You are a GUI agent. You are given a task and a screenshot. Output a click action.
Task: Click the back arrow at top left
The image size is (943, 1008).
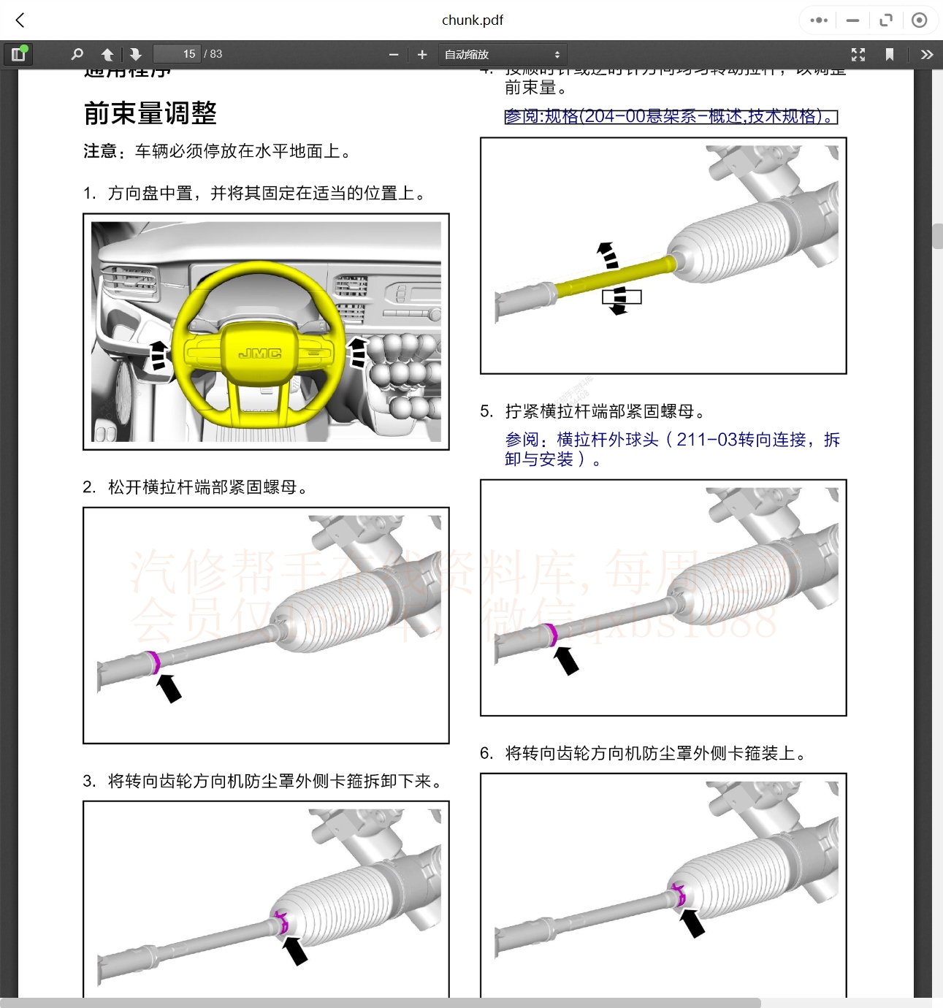pos(20,20)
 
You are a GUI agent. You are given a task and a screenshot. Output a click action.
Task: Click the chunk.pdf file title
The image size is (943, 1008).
pos(472,20)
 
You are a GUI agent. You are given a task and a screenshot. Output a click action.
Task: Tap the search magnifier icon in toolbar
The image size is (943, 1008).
pos(77,54)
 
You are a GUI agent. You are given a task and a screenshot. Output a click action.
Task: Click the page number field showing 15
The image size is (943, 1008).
pos(177,54)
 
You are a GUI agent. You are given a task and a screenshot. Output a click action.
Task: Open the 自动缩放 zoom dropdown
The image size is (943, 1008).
pos(503,54)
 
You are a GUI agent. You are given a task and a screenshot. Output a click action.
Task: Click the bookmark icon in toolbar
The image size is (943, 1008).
pos(889,54)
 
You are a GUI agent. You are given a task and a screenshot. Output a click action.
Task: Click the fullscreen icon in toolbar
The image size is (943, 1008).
pos(858,54)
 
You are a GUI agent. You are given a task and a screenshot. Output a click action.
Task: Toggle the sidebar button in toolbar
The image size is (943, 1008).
pos(18,54)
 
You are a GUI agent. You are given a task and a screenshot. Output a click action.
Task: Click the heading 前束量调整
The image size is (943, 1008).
pos(150,113)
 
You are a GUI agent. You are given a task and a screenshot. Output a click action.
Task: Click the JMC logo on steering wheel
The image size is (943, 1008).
pos(259,354)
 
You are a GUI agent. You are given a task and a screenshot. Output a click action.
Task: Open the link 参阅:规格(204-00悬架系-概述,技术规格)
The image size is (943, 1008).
pos(670,117)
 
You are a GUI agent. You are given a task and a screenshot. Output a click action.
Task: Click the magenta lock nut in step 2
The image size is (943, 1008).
pos(153,662)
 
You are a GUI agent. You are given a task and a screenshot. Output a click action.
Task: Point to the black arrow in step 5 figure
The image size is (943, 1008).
pos(566,660)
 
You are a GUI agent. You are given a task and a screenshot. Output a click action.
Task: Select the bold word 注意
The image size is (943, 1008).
pos(100,151)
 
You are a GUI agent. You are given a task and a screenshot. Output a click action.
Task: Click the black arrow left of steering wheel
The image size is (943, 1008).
pos(158,354)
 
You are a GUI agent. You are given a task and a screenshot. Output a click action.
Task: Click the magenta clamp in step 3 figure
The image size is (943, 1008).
pos(281,921)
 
